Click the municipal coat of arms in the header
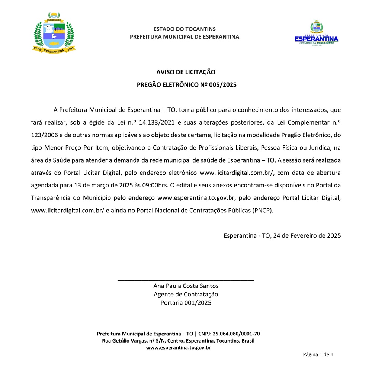click(x=54, y=33)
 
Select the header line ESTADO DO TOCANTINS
click(x=185, y=29)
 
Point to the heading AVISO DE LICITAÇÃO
click(x=186, y=72)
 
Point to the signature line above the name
click(x=186, y=280)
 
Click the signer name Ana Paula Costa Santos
click(x=186, y=286)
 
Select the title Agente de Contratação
click(x=186, y=294)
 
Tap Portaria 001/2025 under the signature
click(x=186, y=303)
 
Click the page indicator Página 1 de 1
click(x=318, y=354)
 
